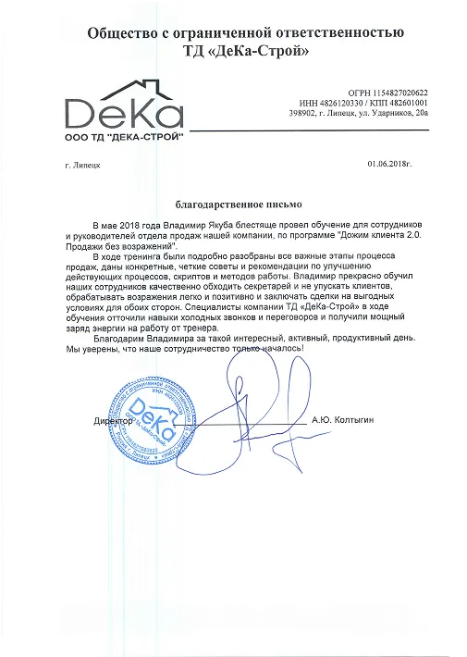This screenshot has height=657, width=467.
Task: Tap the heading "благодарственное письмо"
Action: point(239,201)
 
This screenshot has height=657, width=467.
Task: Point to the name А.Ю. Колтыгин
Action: point(342,420)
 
